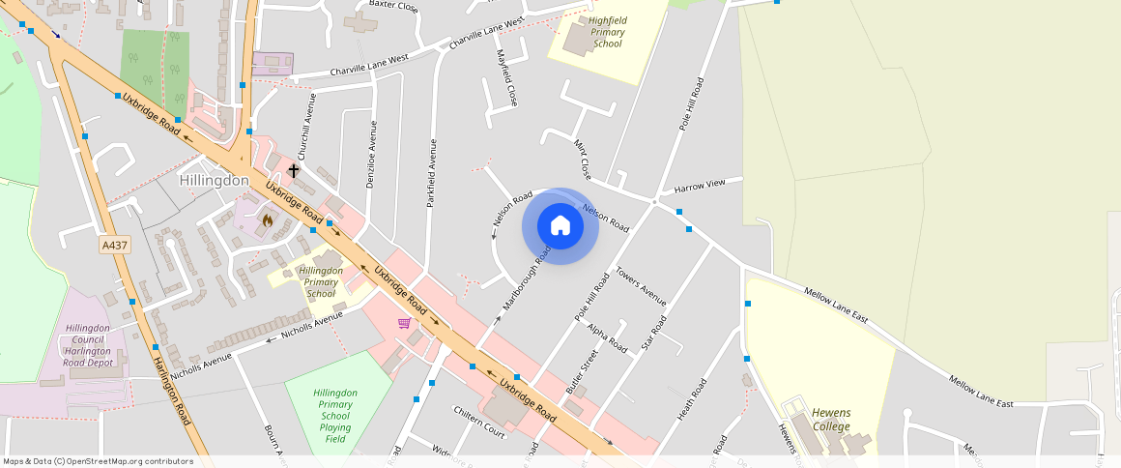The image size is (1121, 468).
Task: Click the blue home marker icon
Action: coord(560,226)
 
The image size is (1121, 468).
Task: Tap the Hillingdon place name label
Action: coord(215,181)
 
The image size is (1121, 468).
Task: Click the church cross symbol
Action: coord(294,170)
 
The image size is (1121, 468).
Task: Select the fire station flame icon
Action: coord(268,219)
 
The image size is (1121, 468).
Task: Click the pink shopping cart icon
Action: coord(404,323)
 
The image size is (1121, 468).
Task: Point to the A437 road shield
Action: coord(115,246)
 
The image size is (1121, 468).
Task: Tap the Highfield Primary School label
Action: coord(608,32)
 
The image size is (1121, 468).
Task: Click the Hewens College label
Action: coord(831,420)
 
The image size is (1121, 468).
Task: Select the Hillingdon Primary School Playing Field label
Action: coord(335,416)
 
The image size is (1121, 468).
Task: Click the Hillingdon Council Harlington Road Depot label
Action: coord(90,345)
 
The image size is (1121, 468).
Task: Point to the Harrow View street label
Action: coord(700,185)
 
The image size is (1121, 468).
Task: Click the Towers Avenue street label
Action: coord(642,285)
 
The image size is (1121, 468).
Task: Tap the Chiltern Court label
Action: coord(479,423)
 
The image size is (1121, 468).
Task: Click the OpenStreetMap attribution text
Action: coord(98,461)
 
